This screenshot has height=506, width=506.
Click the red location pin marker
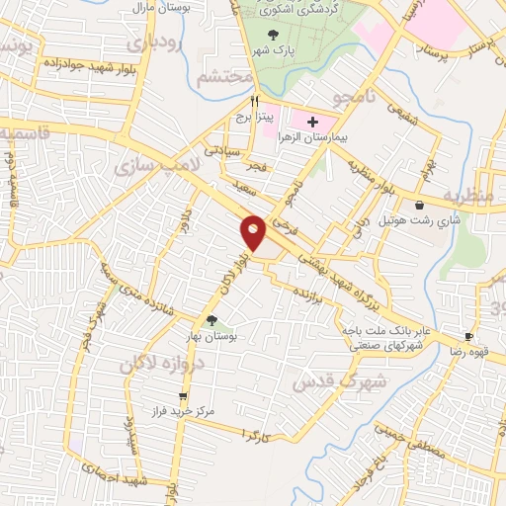[x=254, y=233]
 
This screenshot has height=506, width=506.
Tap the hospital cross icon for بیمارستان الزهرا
[x=313, y=124]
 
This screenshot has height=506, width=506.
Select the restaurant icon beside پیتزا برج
[x=255, y=100]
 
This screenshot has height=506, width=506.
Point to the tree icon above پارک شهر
[x=273, y=36]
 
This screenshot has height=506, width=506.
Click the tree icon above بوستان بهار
[x=211, y=319]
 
